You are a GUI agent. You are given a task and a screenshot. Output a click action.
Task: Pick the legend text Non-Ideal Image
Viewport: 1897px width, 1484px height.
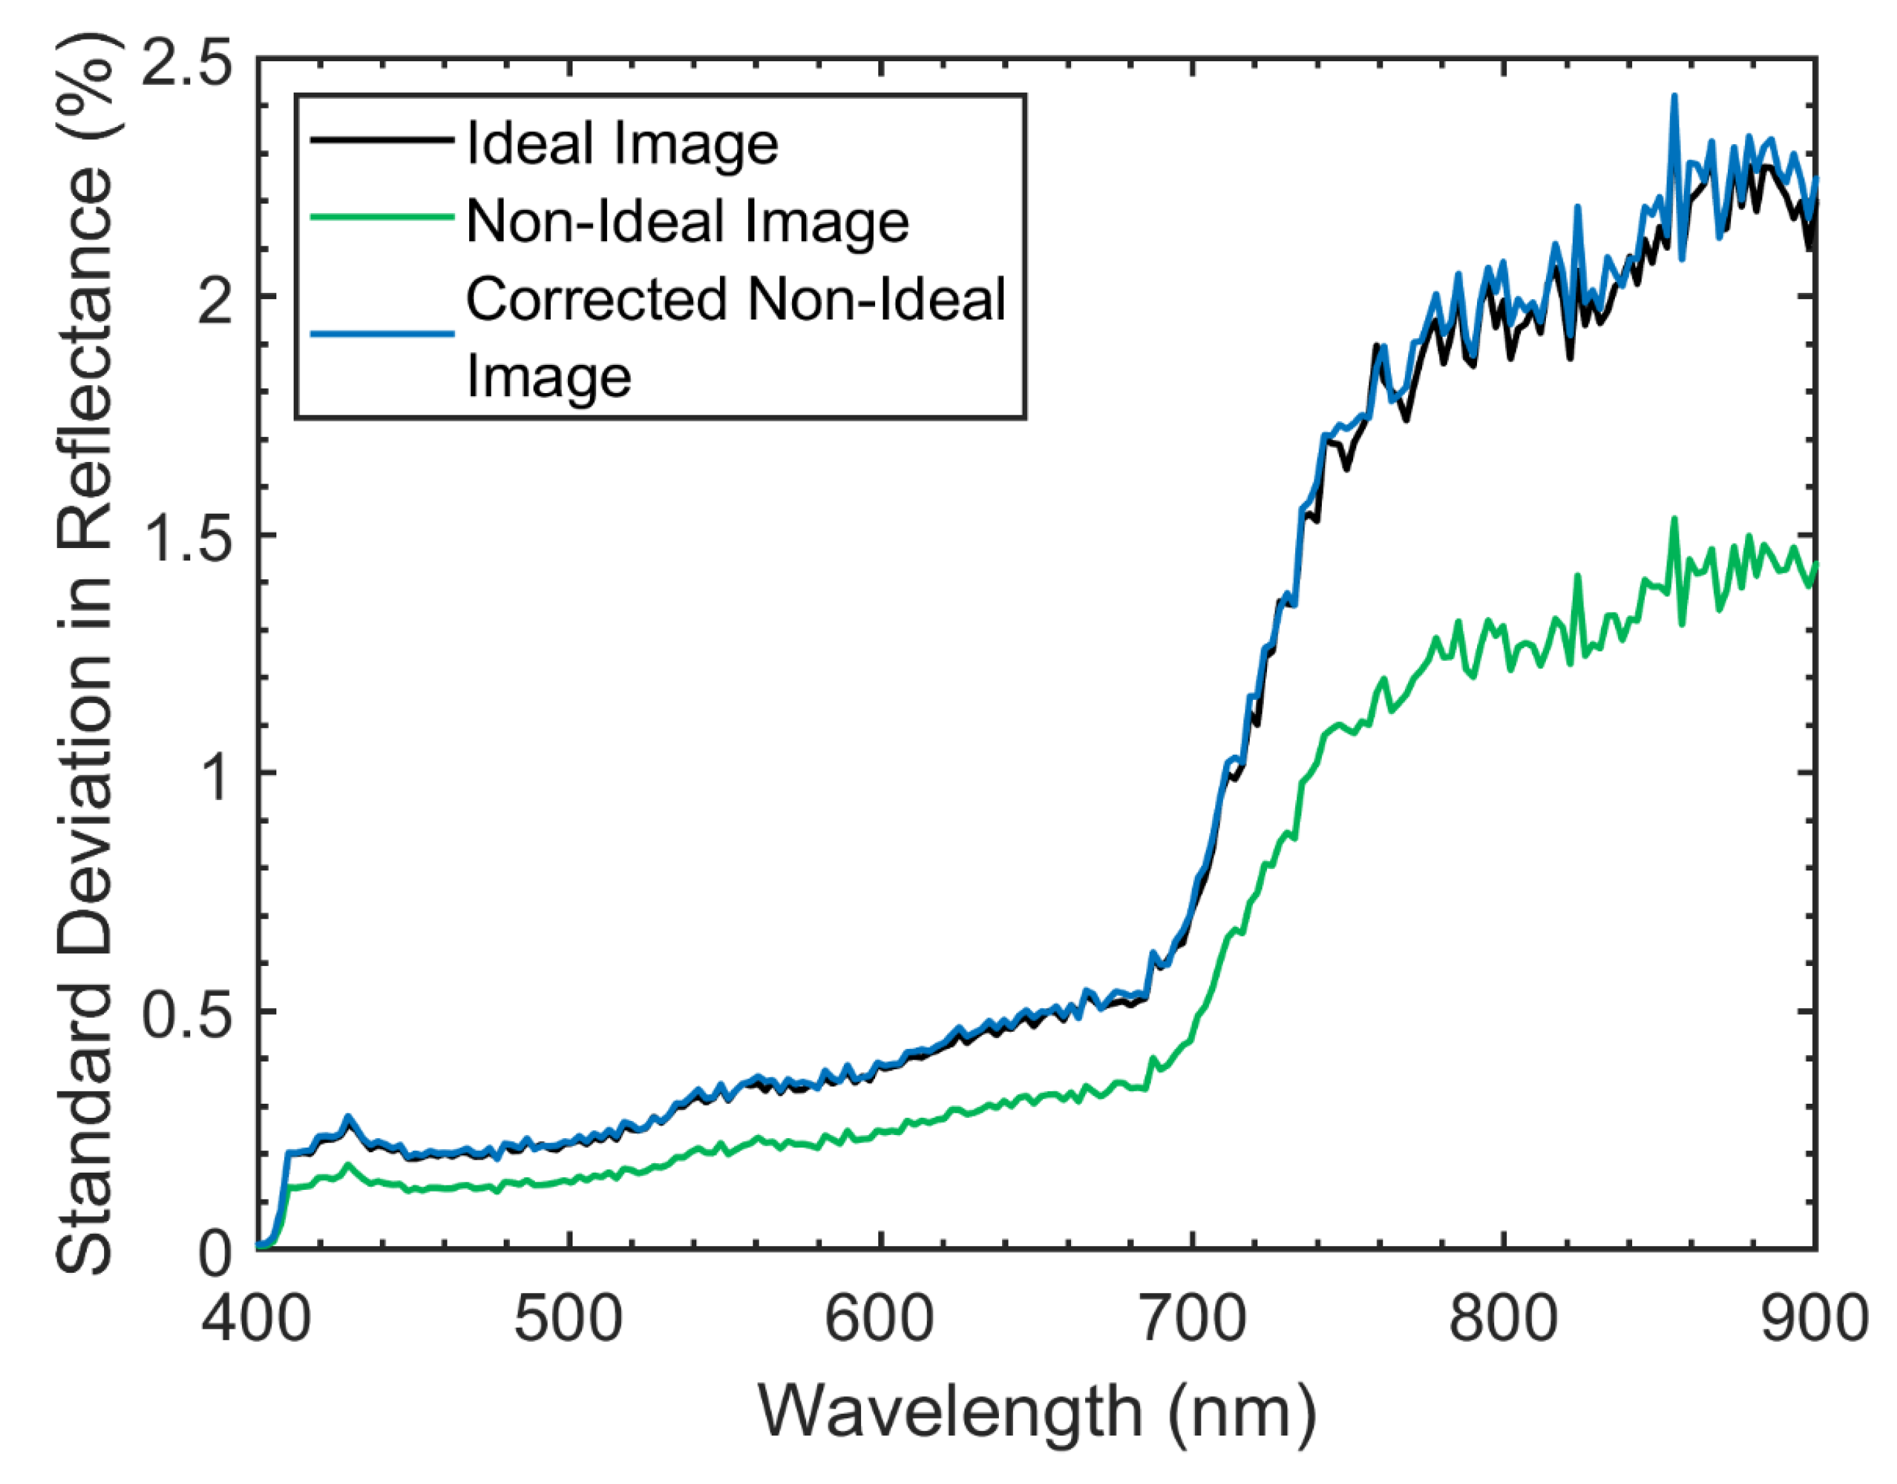pyautogui.click(x=687, y=221)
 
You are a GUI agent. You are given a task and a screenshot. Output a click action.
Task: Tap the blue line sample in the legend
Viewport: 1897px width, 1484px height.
pyautogui.click(x=382, y=333)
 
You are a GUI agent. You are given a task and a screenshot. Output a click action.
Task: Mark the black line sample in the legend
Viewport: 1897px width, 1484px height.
pyautogui.click(x=382, y=139)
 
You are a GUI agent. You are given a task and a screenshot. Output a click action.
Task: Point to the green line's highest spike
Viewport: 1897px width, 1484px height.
pyautogui.click(x=1674, y=519)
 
